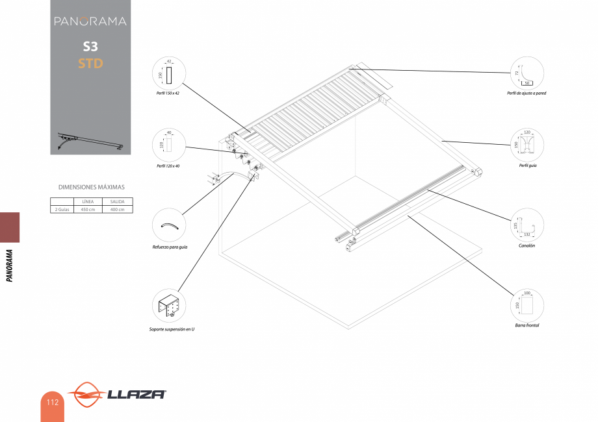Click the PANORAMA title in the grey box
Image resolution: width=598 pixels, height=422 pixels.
pyautogui.click(x=90, y=21)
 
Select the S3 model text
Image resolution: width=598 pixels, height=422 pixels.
pyautogui.click(x=90, y=47)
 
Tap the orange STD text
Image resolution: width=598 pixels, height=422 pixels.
pyautogui.click(x=90, y=64)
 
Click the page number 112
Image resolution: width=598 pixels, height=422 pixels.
pyautogui.click(x=52, y=402)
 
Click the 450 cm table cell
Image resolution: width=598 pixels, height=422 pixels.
pyautogui.click(x=88, y=209)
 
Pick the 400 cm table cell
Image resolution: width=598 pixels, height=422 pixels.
pyautogui.click(x=117, y=209)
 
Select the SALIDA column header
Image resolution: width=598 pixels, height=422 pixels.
pyautogui.click(x=117, y=202)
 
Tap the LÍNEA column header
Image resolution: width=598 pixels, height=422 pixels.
pyautogui.click(x=88, y=202)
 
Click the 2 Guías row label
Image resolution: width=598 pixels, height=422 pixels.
pyautogui.click(x=62, y=209)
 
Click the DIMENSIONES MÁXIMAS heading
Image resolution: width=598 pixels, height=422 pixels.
pyautogui.click(x=91, y=187)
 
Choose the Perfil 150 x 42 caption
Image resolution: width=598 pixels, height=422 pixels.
pyautogui.click(x=168, y=93)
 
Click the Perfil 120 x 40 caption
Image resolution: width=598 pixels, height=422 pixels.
pyautogui.click(x=168, y=166)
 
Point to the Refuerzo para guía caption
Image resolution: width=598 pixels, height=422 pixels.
pyautogui.click(x=170, y=247)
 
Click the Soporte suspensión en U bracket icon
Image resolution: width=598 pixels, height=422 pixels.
pyautogui.click(x=168, y=306)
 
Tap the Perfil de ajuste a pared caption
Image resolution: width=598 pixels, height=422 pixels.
pyautogui.click(x=526, y=93)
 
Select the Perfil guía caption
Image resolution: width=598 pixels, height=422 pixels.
pyautogui.click(x=527, y=166)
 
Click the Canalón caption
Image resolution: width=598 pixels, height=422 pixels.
pyautogui.click(x=526, y=247)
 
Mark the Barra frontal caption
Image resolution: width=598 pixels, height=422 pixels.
pyautogui.click(x=527, y=325)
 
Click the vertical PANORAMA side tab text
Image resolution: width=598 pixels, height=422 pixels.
pyautogui.click(x=10, y=266)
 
